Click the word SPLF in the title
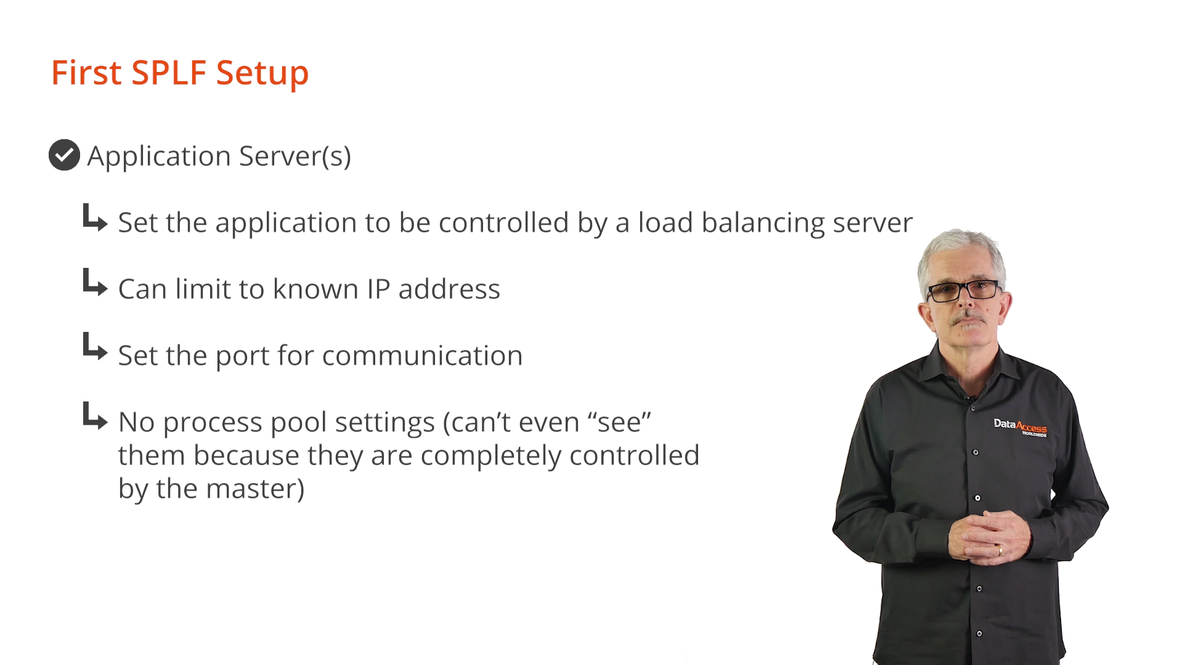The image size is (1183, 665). pos(168,73)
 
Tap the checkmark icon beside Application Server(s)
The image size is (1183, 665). pos(64,155)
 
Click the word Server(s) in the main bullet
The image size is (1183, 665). pos(295,156)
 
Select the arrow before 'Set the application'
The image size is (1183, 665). pos(96,218)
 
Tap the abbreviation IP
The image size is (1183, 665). pos(378,289)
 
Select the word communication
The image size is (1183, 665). pos(422,356)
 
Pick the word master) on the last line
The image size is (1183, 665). pos(255,489)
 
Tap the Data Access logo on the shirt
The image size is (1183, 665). pos(1020,427)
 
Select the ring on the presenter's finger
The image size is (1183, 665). pos(1000,550)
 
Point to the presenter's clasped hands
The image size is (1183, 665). pos(989,534)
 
